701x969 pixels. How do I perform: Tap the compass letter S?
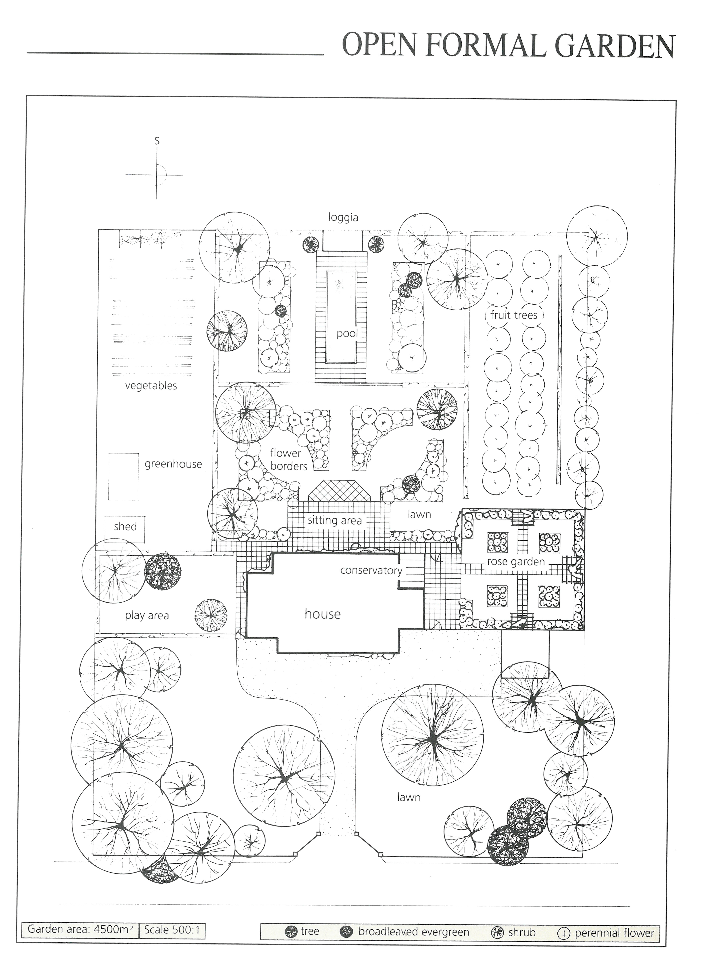157,141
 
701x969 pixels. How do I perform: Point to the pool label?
347,333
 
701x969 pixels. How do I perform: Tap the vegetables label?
151,386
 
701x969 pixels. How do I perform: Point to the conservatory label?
371,570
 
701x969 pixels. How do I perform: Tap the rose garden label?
516,562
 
